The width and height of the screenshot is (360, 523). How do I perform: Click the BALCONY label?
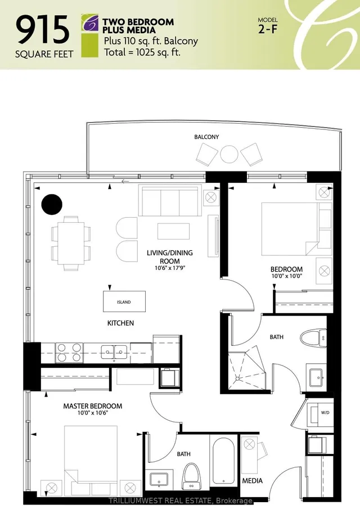206,137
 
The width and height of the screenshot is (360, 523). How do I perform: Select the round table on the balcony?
229,154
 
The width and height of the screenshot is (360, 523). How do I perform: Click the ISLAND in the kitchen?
124,302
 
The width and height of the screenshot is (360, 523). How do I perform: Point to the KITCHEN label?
121,323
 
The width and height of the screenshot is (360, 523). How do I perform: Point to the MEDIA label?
252,481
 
